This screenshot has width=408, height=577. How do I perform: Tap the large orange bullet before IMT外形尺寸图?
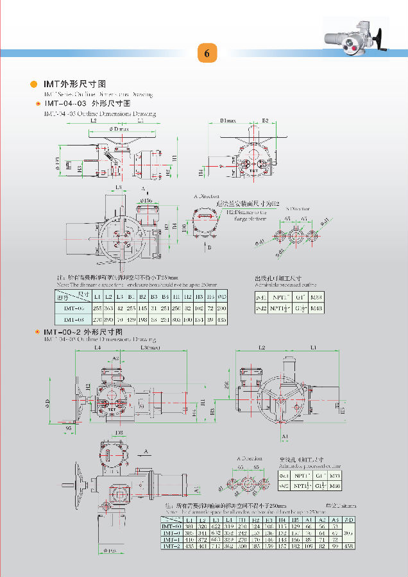click(x=34, y=84)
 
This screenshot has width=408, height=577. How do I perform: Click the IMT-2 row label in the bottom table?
click(x=171, y=546)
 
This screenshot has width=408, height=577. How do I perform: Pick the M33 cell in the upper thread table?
click(x=316, y=297)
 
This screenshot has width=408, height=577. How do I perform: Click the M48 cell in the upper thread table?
click(x=316, y=309)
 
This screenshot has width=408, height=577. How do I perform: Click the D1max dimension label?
click(x=228, y=120)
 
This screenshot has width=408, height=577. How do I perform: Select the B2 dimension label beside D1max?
click(x=264, y=120)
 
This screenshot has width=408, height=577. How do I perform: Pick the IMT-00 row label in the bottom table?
click(x=171, y=526)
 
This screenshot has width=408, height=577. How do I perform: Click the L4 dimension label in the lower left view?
click(x=98, y=348)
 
